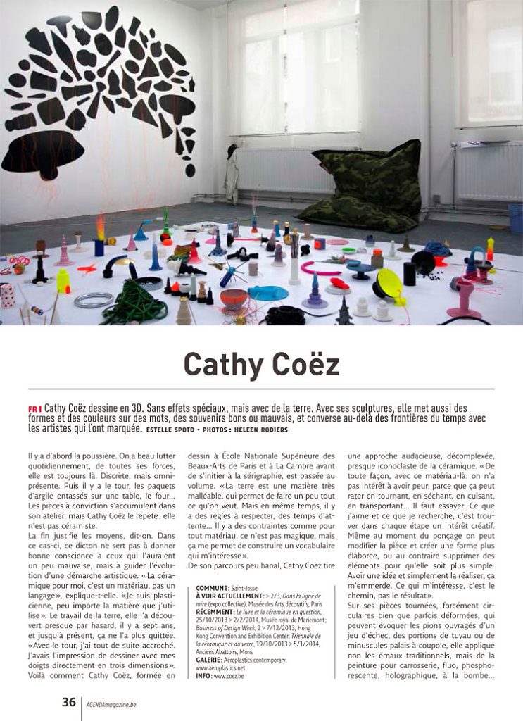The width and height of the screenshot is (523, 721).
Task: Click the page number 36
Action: [68, 702]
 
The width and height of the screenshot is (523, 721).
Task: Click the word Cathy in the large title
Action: [224, 364]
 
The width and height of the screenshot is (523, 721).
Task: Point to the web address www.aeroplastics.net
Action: [218, 669]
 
